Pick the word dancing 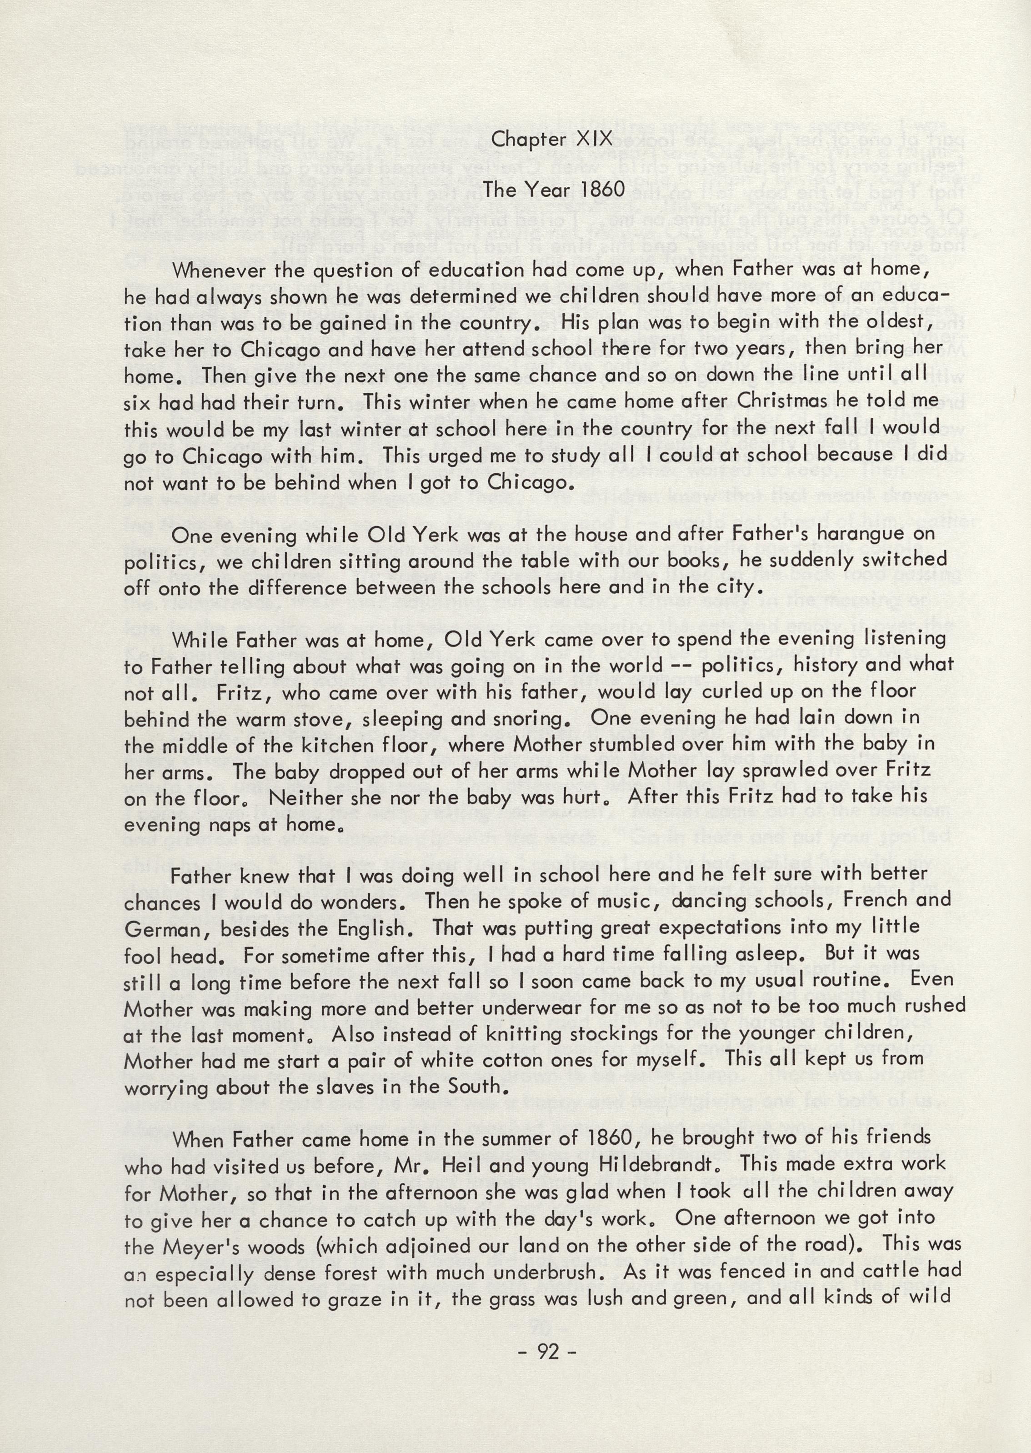click(x=709, y=902)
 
